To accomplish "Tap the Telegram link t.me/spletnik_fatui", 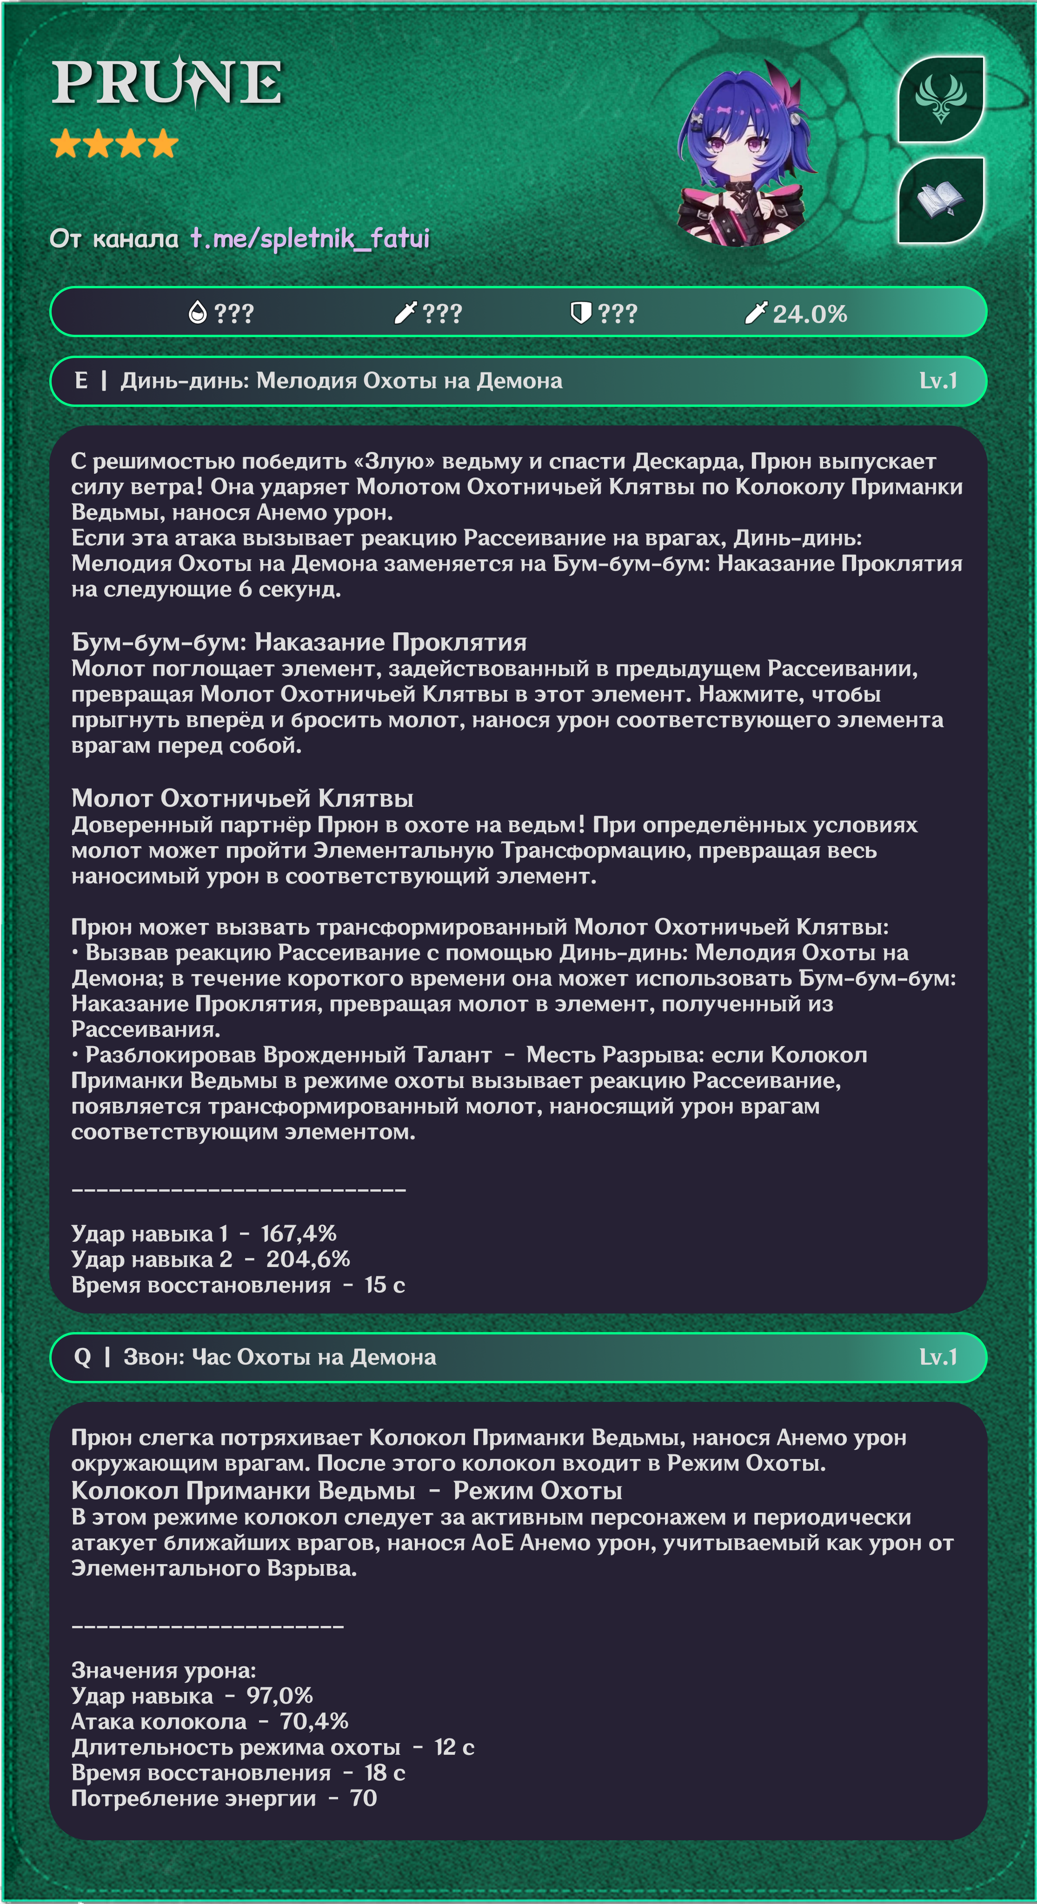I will (310, 238).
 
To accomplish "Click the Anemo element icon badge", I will (940, 99).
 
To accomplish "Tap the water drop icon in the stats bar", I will (197, 313).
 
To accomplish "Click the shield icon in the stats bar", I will (580, 313).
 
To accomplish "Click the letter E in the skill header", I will (81, 381).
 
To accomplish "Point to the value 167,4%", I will (299, 1233).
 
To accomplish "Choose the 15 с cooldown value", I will (385, 1285).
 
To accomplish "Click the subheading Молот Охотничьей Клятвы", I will (242, 798).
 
